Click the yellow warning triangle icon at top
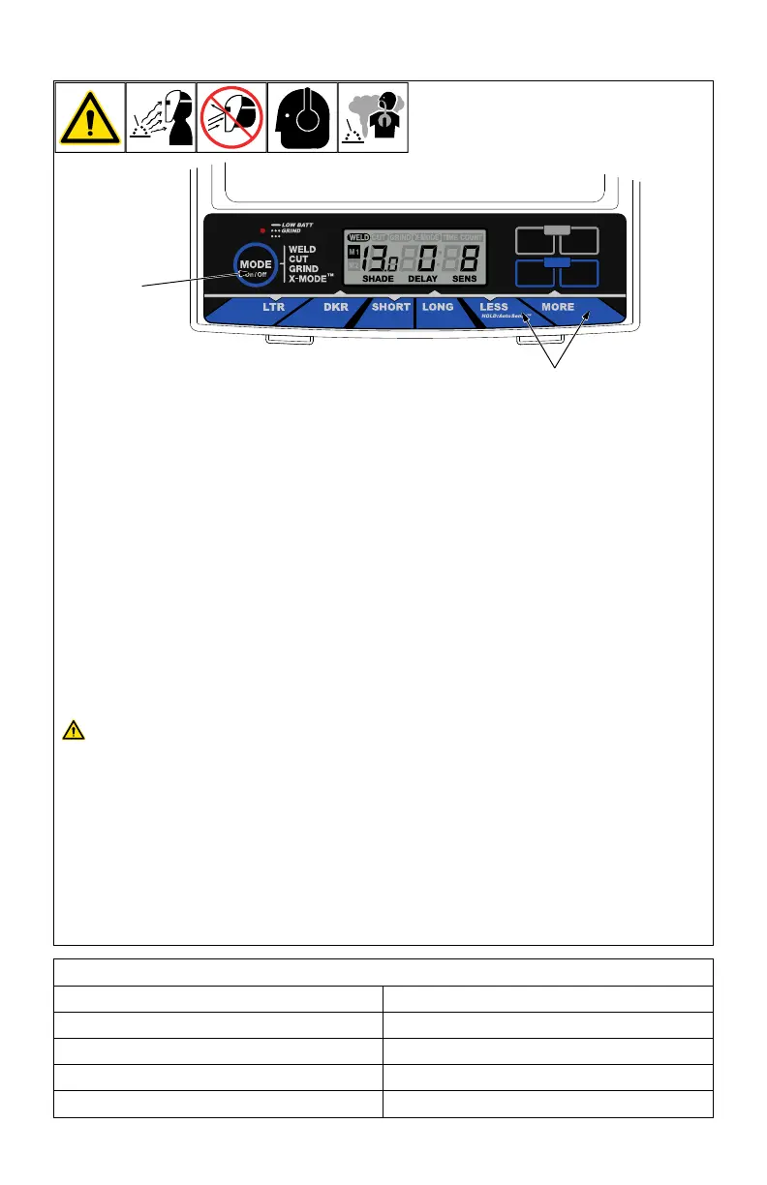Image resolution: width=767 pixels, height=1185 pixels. coord(90,117)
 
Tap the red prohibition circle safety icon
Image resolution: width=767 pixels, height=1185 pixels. coord(231,117)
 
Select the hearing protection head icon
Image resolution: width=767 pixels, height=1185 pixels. coord(302,117)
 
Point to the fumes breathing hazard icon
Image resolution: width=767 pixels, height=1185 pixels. coord(373,117)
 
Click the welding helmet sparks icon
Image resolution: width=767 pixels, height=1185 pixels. coord(161,117)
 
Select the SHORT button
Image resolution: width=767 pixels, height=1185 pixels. coord(390,307)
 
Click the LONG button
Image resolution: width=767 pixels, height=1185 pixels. coord(438,307)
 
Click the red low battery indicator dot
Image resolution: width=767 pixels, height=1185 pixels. coord(262,231)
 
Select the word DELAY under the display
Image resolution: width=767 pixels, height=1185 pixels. coord(423,279)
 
